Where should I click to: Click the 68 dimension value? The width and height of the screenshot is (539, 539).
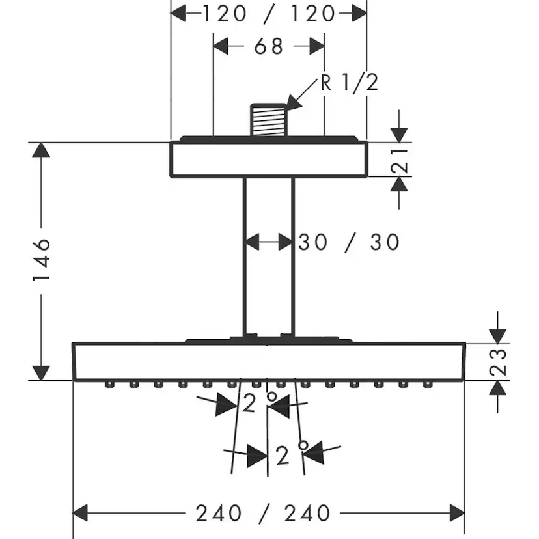tap(268, 47)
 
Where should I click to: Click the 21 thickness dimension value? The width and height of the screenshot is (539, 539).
tap(403, 159)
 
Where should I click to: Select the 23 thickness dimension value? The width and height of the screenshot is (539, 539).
tap(497, 361)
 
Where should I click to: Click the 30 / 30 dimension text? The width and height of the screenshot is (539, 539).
tap(349, 242)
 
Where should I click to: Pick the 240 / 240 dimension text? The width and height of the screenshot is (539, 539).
tap(263, 513)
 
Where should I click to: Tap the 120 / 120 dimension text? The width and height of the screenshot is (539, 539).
tap(268, 13)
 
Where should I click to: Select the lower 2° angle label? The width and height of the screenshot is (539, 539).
tap(290, 455)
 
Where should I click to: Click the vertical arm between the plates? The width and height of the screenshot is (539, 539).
tap(268, 260)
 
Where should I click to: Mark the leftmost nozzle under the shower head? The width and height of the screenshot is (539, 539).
tap(108, 385)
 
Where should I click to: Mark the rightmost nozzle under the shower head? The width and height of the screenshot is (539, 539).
tap(427, 385)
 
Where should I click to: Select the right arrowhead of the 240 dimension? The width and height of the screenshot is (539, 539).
tap(457, 513)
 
